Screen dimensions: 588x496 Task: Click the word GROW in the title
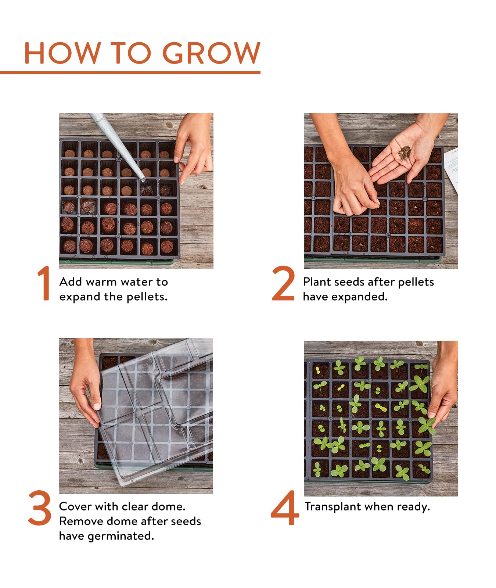click(211, 53)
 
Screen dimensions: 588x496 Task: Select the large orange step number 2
click(283, 284)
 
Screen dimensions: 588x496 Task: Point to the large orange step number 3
click(39, 508)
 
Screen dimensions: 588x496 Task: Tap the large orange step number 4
click(285, 508)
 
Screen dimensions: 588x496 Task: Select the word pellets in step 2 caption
click(416, 282)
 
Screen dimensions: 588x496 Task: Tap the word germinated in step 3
click(120, 536)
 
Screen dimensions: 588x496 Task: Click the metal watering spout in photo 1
click(118, 147)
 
